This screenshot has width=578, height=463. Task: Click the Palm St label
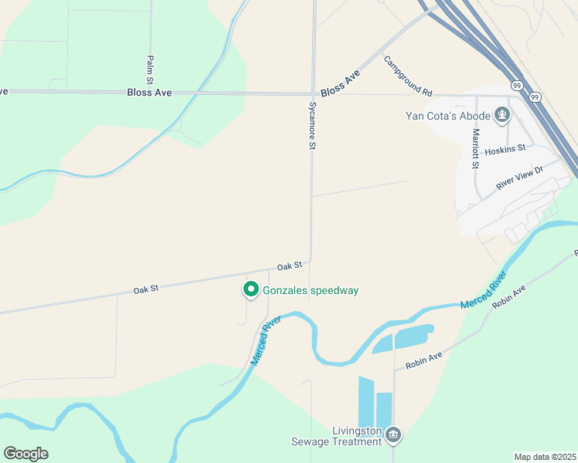coord(150,69)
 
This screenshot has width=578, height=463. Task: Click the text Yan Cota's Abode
coord(448,116)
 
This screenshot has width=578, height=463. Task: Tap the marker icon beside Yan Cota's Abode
coord(503,116)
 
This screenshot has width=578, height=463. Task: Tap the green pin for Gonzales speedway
coord(250,290)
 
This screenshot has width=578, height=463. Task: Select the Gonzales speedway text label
coord(311,290)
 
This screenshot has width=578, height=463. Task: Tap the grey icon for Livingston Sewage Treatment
coord(394,436)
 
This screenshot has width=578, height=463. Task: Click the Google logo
coord(25,454)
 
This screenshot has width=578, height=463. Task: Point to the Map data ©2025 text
coord(545,457)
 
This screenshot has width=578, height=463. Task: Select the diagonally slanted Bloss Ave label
coord(340,83)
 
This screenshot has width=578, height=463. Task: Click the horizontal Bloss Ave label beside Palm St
coord(149,93)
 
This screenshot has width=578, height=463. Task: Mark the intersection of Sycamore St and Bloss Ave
coord(313,94)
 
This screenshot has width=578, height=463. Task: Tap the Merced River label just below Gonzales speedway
coord(264,340)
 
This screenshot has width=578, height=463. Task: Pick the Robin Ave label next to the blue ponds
coord(424,358)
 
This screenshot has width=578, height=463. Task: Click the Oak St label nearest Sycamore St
coord(289,265)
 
